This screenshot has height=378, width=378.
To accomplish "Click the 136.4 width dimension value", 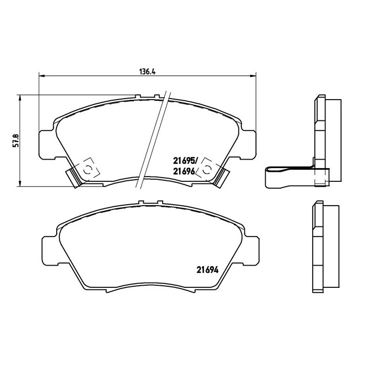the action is tap(148, 72).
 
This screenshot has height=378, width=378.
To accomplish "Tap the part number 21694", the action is tap(207, 270).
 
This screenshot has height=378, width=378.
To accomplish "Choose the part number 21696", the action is tap(184, 171).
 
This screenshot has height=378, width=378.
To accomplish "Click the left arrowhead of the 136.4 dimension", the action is tap(42, 76).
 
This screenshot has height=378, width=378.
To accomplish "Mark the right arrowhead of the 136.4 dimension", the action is tap(253, 76).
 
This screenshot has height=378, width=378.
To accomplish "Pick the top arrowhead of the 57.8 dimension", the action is tap(20, 98).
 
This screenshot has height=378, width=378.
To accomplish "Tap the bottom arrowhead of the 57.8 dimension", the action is tap(20, 183).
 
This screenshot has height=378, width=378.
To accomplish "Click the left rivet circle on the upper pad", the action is tap(87, 170).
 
